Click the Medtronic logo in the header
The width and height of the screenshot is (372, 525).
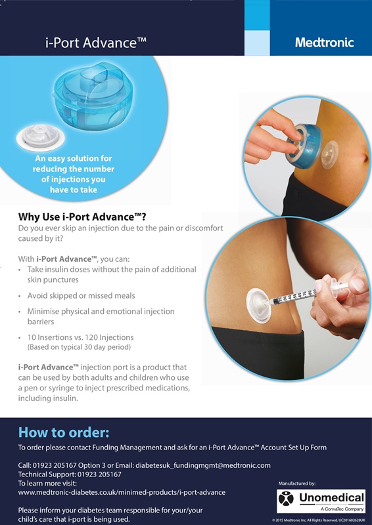[324, 43]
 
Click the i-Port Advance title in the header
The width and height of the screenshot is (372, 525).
[95, 43]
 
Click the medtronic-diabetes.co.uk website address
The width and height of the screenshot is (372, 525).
[122, 492]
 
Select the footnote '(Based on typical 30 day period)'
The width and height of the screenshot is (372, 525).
[79, 346]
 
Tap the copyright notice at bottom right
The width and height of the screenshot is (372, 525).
[318, 519]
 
